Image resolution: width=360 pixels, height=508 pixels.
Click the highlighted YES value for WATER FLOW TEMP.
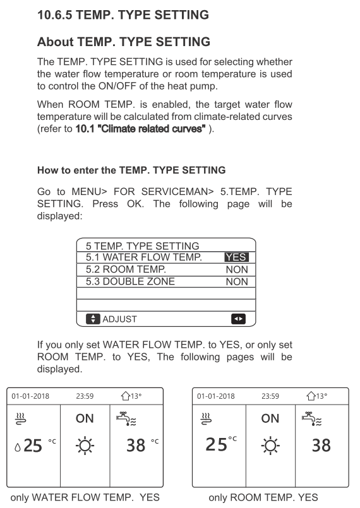tap(236, 257)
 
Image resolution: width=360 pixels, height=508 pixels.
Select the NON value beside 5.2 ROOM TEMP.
tap(237, 269)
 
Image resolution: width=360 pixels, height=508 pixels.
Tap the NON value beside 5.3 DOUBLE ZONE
tap(237, 281)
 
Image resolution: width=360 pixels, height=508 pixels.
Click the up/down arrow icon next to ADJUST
tap(93, 319)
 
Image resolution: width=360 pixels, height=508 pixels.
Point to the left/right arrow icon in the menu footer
tap(238, 319)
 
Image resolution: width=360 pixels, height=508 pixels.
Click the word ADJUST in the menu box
tap(119, 319)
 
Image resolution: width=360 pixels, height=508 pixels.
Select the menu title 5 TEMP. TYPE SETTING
tap(142, 246)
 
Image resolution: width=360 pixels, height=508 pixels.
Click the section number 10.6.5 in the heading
tap(55, 15)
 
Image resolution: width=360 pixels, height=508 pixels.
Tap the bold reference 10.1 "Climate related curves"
tap(140, 129)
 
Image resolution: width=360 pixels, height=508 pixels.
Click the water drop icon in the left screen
tap(18, 447)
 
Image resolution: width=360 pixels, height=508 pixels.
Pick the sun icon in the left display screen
tap(85, 446)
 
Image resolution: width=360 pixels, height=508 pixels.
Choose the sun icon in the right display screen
tap(270, 446)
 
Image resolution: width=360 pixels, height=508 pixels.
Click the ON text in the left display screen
tap(85, 418)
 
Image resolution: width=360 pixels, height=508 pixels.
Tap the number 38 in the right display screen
tap(321, 446)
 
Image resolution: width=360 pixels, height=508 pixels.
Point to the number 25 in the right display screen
tap(217, 444)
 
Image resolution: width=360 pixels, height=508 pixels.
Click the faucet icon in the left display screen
tap(126, 418)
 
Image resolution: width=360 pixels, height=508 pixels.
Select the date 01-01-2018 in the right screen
tap(215, 396)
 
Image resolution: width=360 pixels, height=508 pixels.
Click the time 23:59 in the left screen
tap(85, 396)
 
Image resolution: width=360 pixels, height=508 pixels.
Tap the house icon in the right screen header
tap(311, 396)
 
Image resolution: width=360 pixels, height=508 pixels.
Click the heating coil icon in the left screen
tap(21, 418)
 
